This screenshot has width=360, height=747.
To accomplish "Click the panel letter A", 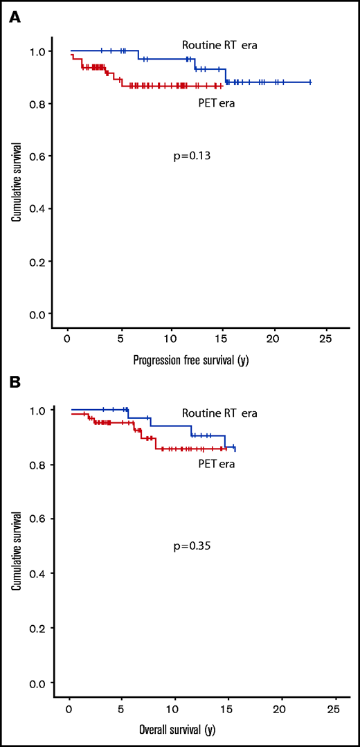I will coord(14,17).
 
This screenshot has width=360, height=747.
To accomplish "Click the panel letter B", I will coord(14,381).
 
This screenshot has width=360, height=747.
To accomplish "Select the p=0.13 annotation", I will coord(192,156).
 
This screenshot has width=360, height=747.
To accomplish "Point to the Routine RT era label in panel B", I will coord(219,413).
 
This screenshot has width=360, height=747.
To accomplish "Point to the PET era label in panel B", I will coord(215,464).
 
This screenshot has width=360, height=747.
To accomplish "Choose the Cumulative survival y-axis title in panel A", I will coord(15,182).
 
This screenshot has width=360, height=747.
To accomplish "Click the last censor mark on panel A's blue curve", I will coord(309,82).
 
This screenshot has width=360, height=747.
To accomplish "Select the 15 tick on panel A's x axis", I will coord(222,338).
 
